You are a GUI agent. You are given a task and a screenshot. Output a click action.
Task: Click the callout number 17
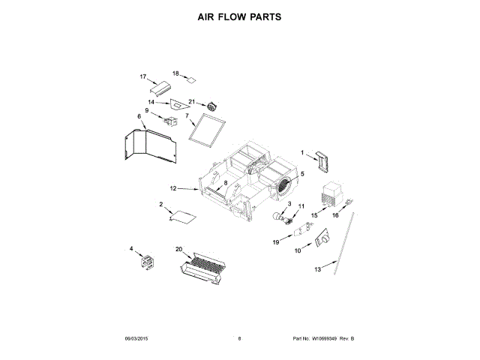pos(143,76)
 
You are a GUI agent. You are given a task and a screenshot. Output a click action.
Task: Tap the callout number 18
pos(176,73)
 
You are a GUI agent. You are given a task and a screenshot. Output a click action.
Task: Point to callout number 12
pos(172,188)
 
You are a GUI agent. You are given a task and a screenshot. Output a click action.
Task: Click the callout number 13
pos(317,268)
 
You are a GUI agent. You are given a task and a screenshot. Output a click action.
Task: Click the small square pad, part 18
pos(192,78)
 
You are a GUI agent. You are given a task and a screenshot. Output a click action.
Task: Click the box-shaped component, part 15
pos(332,194)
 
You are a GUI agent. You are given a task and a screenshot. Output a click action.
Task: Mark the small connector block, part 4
pos(143,262)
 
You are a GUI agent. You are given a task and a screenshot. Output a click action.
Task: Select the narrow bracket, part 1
pos(322,160)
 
